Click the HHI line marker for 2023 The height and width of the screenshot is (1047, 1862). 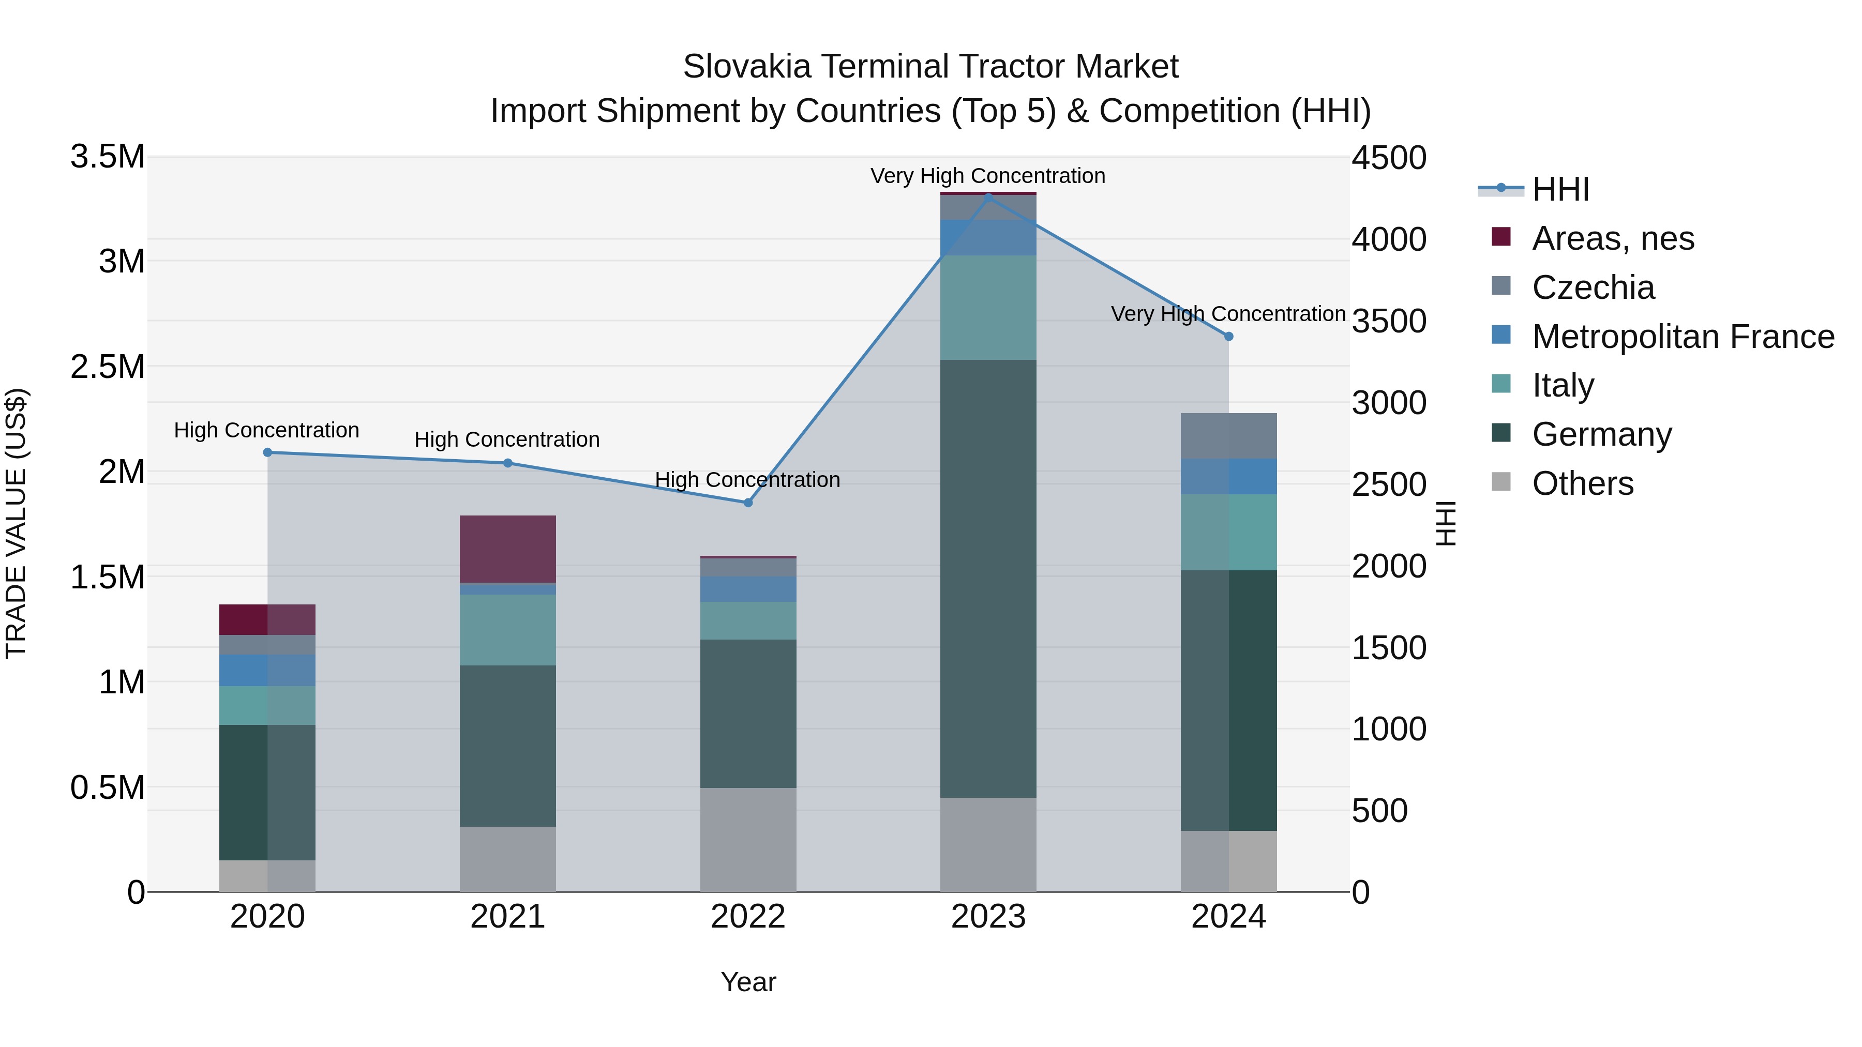[988, 196]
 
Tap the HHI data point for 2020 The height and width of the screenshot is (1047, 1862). [267, 452]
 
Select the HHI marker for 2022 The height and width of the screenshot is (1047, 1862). [748, 503]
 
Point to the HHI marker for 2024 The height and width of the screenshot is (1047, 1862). [1229, 337]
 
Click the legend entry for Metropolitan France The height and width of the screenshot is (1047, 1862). [1682, 337]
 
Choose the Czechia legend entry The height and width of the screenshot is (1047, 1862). [1593, 287]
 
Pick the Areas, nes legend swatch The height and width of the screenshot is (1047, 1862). [1501, 237]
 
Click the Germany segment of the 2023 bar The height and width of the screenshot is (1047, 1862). [988, 578]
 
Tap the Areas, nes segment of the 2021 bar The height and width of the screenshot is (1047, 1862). [507, 549]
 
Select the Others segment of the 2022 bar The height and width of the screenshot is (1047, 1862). [748, 840]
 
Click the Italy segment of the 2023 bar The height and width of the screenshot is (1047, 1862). [988, 308]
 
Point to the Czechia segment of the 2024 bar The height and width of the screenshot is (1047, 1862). [1229, 436]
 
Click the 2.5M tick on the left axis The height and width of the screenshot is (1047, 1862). [108, 367]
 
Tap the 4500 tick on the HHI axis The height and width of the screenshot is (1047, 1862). [1389, 158]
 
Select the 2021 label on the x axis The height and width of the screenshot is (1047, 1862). [507, 917]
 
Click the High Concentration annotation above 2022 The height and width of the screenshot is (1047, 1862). [747, 480]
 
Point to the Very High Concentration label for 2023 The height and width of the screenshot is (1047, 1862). [987, 176]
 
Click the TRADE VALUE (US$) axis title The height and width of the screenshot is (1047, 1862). [16, 523]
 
